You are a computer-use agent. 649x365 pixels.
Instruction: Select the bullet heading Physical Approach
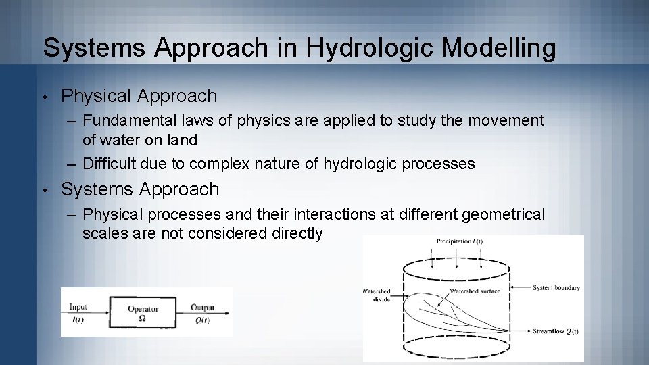coord(139,96)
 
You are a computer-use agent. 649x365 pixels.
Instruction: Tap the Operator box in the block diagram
coord(143,313)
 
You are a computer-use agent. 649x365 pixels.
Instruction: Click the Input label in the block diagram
coord(78,307)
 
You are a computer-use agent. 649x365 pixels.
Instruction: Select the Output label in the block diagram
coord(202,307)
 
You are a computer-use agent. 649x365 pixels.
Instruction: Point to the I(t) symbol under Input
coord(77,320)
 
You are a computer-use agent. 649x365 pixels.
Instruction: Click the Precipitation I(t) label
coord(459,241)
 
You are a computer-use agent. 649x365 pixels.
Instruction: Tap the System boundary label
coord(556,287)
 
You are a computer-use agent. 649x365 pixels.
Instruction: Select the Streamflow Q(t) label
coord(554,331)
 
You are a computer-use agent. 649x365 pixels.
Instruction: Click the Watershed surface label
coord(475,291)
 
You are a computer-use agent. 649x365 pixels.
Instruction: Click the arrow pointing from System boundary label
coord(521,287)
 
